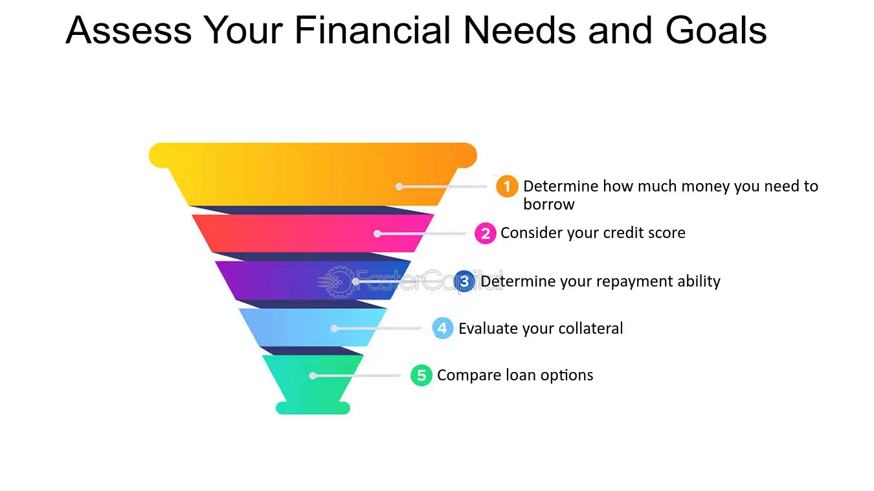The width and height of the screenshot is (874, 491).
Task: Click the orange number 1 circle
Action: pyautogui.click(x=507, y=186)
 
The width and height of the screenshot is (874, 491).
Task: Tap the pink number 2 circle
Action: pyautogui.click(x=486, y=234)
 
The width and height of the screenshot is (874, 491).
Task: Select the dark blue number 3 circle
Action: pyautogui.click(x=464, y=281)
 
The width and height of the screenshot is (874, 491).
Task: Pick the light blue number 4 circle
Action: pyautogui.click(x=442, y=328)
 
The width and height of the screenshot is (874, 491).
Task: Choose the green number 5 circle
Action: pyautogui.click(x=421, y=375)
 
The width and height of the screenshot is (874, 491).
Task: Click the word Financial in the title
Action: pyautogui.click(x=373, y=30)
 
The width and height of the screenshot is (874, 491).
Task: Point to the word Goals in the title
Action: pyautogui.click(x=716, y=30)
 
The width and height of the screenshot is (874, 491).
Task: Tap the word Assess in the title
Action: pyautogui.click(x=129, y=30)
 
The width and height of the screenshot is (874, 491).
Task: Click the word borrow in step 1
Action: pyautogui.click(x=548, y=204)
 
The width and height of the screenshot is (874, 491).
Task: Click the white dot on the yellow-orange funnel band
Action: pyautogui.click(x=399, y=187)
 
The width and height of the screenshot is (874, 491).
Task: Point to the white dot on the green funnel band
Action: pyautogui.click(x=313, y=376)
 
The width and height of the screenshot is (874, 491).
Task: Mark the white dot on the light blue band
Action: pyautogui.click(x=334, y=329)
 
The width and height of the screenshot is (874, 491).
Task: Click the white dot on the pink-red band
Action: pyautogui.click(x=377, y=234)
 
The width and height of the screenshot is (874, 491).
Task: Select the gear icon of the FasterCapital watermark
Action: pyautogui.click(x=337, y=281)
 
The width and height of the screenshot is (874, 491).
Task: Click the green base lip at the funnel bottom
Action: pyautogui.click(x=313, y=408)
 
